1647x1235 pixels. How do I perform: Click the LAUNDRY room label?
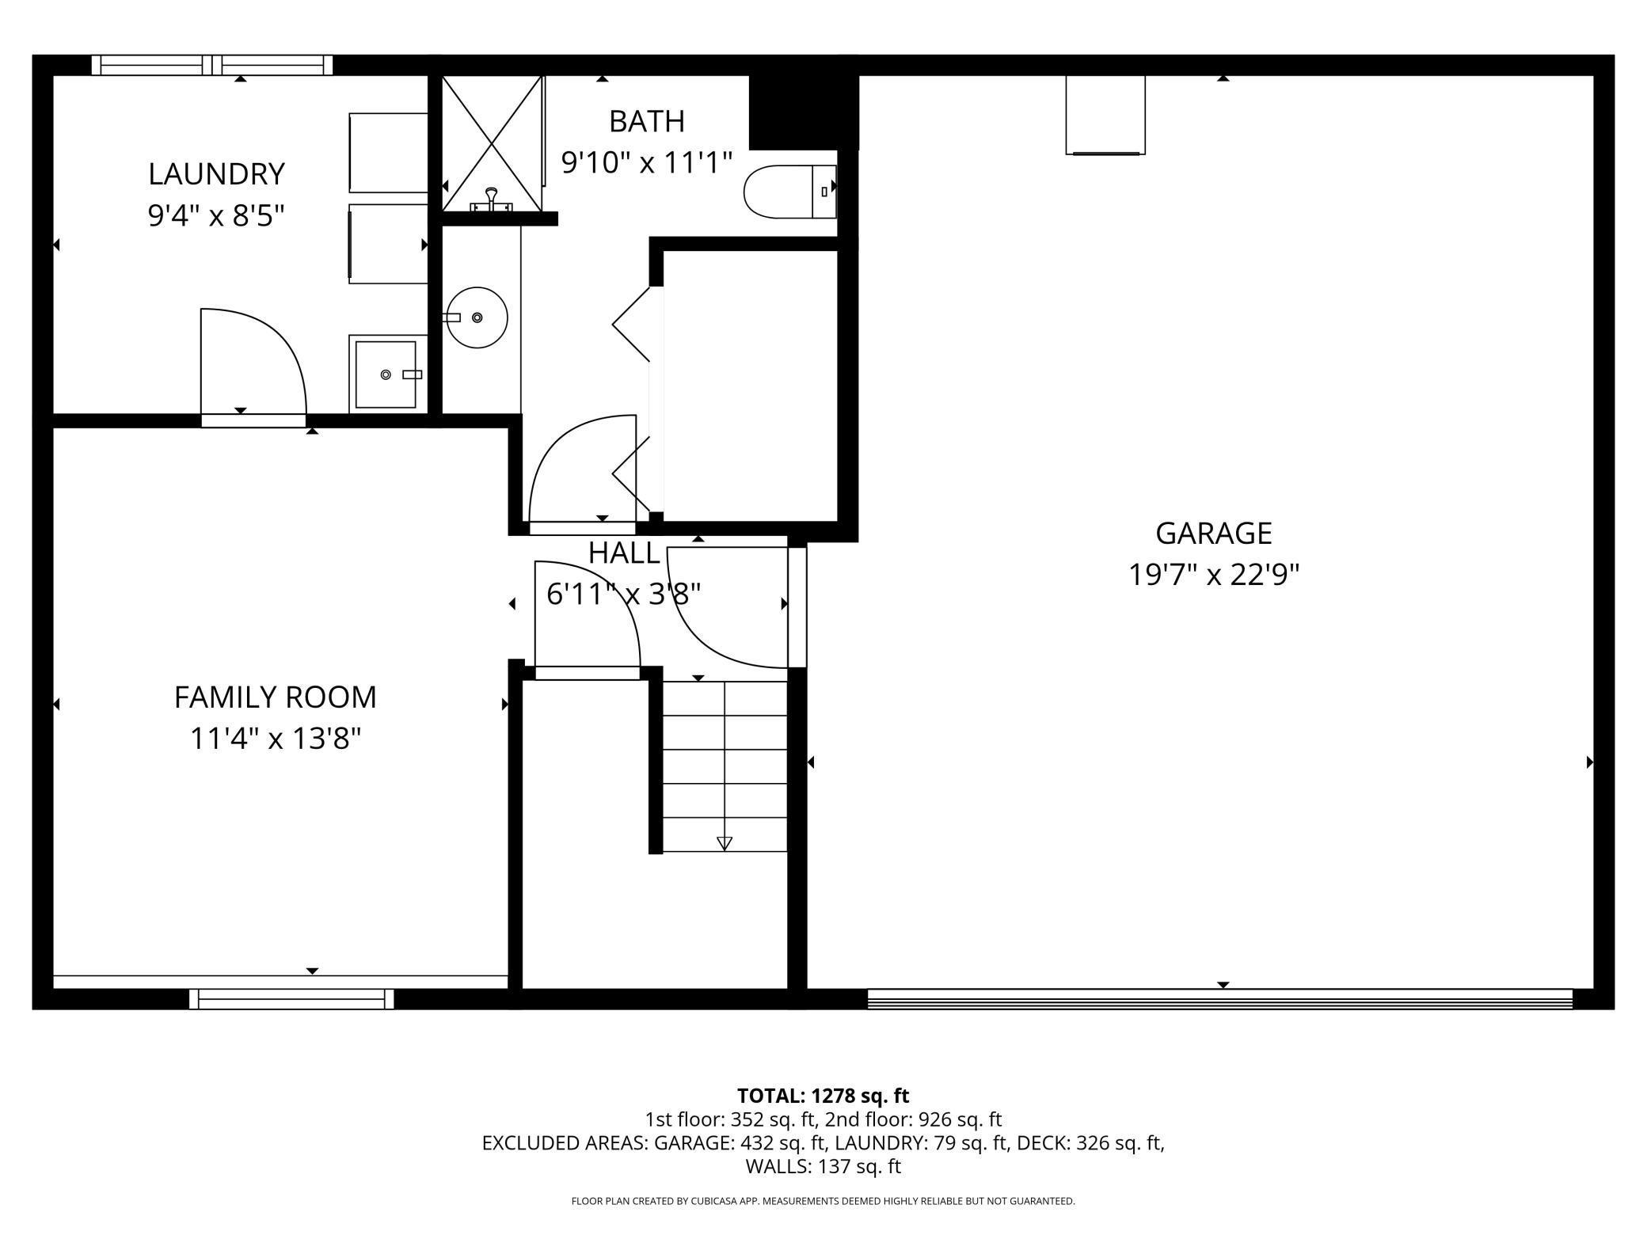(216, 174)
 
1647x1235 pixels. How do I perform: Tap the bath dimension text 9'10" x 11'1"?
(646, 163)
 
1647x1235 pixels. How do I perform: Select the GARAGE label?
(1213, 534)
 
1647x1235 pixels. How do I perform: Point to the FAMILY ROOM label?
(275, 697)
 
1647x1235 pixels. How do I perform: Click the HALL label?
(624, 553)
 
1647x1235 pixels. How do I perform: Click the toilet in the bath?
(789, 192)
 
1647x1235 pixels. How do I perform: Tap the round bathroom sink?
(477, 317)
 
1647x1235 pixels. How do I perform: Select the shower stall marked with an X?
(492, 143)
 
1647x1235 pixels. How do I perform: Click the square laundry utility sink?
(386, 374)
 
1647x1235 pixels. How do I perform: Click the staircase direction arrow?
(724, 843)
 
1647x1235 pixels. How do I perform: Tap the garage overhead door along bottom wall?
(1219, 999)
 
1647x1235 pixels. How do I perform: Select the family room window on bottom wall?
(291, 1000)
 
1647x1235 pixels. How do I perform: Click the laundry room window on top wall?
(212, 65)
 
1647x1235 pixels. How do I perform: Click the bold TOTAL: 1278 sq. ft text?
(823, 1096)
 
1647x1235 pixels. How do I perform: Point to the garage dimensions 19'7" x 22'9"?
(1213, 575)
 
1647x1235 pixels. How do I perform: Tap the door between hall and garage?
(797, 606)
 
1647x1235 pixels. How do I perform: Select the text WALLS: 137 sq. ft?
(823, 1166)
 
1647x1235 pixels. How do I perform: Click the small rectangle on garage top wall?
(1105, 115)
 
